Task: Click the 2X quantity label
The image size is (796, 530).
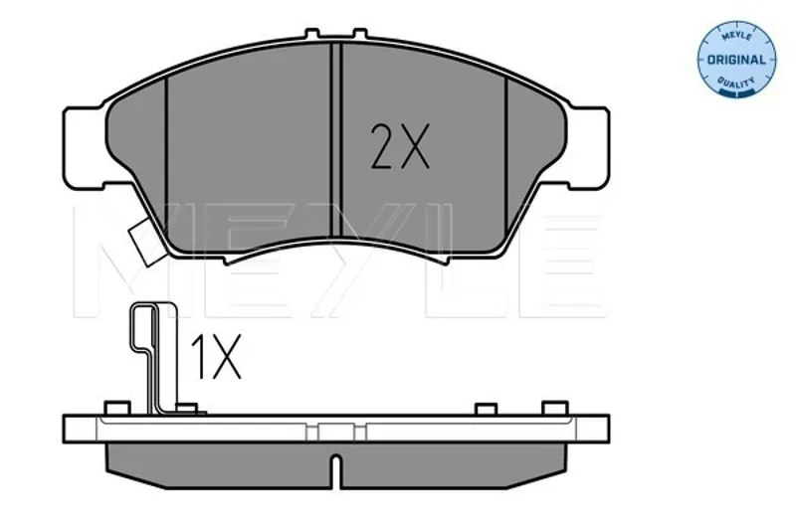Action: click(x=400, y=146)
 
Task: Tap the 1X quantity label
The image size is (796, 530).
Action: click(x=215, y=357)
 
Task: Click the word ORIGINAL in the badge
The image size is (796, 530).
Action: click(x=736, y=60)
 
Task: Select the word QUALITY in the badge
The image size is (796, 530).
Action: click(x=736, y=83)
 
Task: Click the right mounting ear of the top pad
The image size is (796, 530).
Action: click(x=589, y=147)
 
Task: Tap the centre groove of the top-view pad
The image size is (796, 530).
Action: click(x=336, y=140)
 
